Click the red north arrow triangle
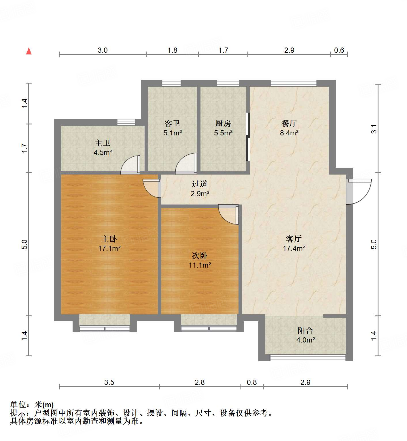point(29,51)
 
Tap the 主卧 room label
point(109,239)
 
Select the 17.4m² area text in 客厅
point(294,248)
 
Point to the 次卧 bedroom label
point(200,255)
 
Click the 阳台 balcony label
point(305,330)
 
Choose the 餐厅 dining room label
point(289,123)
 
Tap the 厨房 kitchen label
point(223,123)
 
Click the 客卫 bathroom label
point(172,123)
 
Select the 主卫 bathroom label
point(103,143)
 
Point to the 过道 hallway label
point(200,184)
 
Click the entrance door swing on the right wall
point(359,191)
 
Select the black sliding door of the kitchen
point(247,137)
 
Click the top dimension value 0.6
point(339,50)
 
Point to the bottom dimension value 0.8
point(252,382)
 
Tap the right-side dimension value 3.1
point(374,129)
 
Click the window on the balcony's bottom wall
point(307,358)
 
